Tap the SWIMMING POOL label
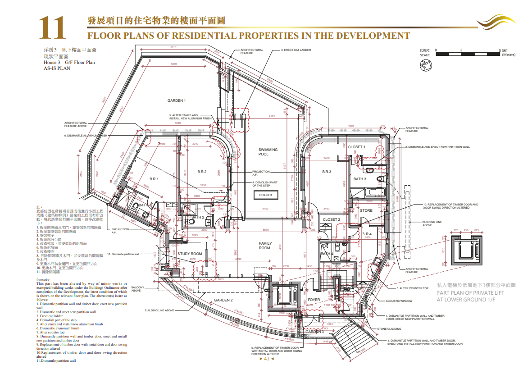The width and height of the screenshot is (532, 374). (268, 152)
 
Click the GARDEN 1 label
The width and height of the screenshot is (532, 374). (177, 100)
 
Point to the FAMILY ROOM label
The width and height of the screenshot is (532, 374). (265, 246)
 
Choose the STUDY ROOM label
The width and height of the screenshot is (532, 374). (190, 254)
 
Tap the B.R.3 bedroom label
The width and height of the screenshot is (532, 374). (327, 172)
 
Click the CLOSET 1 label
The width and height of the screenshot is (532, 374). (357, 147)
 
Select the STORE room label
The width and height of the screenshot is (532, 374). (366, 210)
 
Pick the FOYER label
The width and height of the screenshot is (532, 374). (314, 300)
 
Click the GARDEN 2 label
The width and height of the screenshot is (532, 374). (223, 300)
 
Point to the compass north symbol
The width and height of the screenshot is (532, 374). (425, 66)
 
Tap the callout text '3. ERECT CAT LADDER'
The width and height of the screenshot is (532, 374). (296, 50)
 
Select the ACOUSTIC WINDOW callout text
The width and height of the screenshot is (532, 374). (399, 301)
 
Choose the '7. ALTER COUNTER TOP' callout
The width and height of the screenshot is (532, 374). (413, 288)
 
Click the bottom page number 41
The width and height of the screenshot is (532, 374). (267, 359)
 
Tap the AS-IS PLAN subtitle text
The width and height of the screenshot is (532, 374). (57, 68)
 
